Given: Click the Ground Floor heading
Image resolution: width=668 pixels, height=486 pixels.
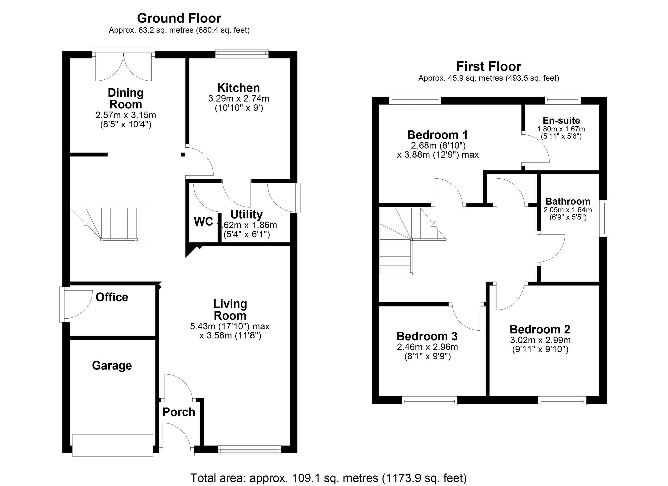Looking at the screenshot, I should tap(179, 18).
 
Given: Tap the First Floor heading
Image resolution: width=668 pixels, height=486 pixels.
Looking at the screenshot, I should tap(488, 66).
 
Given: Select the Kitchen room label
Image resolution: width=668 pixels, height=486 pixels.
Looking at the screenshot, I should tap(238, 88).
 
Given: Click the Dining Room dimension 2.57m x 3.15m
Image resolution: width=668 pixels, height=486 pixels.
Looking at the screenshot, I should tap(126, 115).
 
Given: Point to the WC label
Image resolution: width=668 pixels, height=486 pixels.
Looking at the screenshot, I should tap(203, 221).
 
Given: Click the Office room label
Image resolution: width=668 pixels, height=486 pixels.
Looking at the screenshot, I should tap(112, 297).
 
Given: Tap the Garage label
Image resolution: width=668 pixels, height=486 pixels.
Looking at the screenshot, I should tap(112, 365).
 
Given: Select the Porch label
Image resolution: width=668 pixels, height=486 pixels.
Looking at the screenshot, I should tap(179, 412).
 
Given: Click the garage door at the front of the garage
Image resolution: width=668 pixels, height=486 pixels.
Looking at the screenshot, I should tap(113, 445).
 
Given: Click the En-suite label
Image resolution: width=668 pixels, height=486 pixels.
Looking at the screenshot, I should tap(561, 120).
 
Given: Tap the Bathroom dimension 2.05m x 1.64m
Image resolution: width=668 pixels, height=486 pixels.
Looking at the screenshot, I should tap(567, 210).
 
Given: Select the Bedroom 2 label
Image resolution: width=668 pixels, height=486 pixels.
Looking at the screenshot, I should tap(540, 329).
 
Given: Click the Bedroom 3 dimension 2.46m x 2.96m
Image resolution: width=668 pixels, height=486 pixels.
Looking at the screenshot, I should tap(427, 347).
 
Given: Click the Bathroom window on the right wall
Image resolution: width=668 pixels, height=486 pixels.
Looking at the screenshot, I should tap(603, 218).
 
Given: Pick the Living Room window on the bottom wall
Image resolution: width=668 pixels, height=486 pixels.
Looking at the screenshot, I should tap(249, 450).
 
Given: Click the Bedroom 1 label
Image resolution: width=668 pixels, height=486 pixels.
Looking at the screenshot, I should tap(437, 135).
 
